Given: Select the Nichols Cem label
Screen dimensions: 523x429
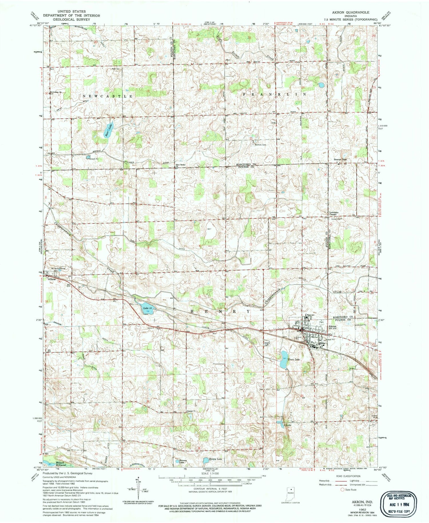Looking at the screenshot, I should [261, 145].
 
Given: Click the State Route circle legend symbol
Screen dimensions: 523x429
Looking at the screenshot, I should [342, 498].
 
